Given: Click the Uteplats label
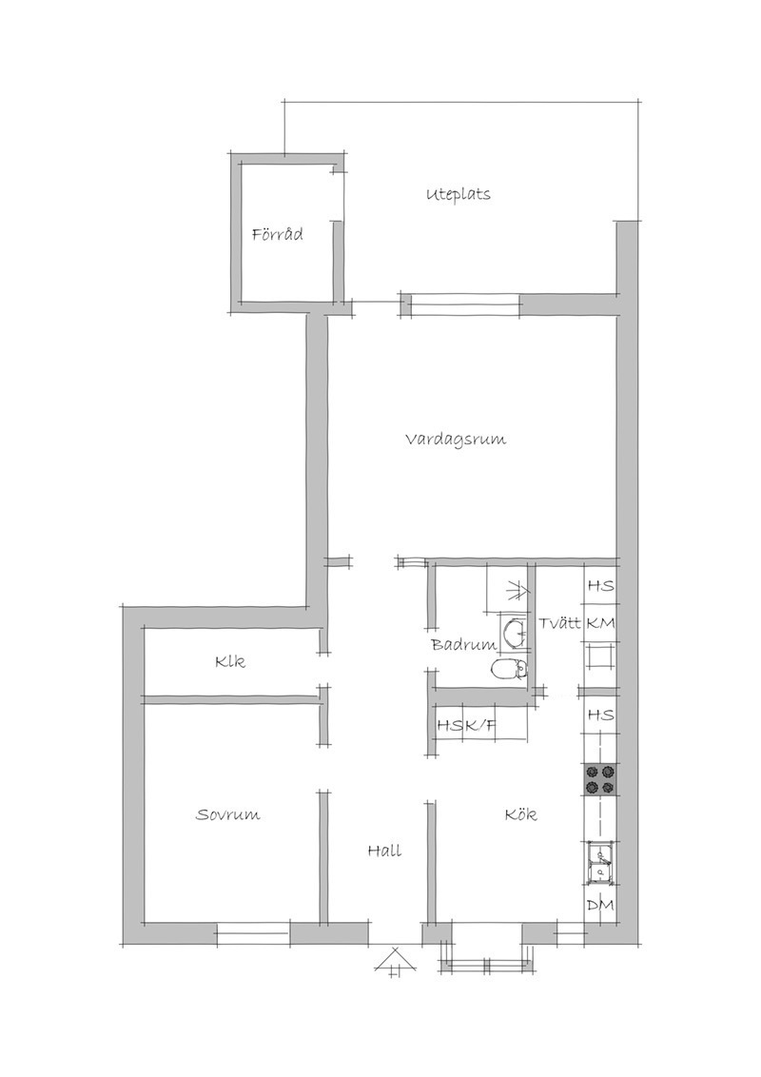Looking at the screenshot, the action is click(459, 194).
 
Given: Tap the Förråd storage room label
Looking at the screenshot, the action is click(278, 234).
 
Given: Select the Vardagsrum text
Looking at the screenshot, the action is click(456, 440).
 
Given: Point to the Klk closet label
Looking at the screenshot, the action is click(229, 662).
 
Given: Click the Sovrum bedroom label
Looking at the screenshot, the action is click(228, 815).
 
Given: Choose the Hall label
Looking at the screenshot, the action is click(384, 851).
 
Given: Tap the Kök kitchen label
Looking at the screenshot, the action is click(520, 814).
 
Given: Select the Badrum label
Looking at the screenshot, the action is click(463, 645).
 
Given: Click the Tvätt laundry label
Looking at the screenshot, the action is click(559, 624).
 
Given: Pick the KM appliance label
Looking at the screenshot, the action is click(600, 624).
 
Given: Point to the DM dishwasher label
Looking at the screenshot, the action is click(600, 906).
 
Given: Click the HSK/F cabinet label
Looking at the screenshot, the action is click(466, 726).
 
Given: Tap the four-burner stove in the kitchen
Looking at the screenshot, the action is click(600, 780).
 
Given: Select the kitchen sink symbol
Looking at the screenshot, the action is click(600, 863).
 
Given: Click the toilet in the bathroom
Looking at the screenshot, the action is click(510, 668).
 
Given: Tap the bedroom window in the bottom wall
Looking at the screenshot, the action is click(253, 934).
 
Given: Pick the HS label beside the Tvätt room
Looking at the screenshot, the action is click(600, 587).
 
